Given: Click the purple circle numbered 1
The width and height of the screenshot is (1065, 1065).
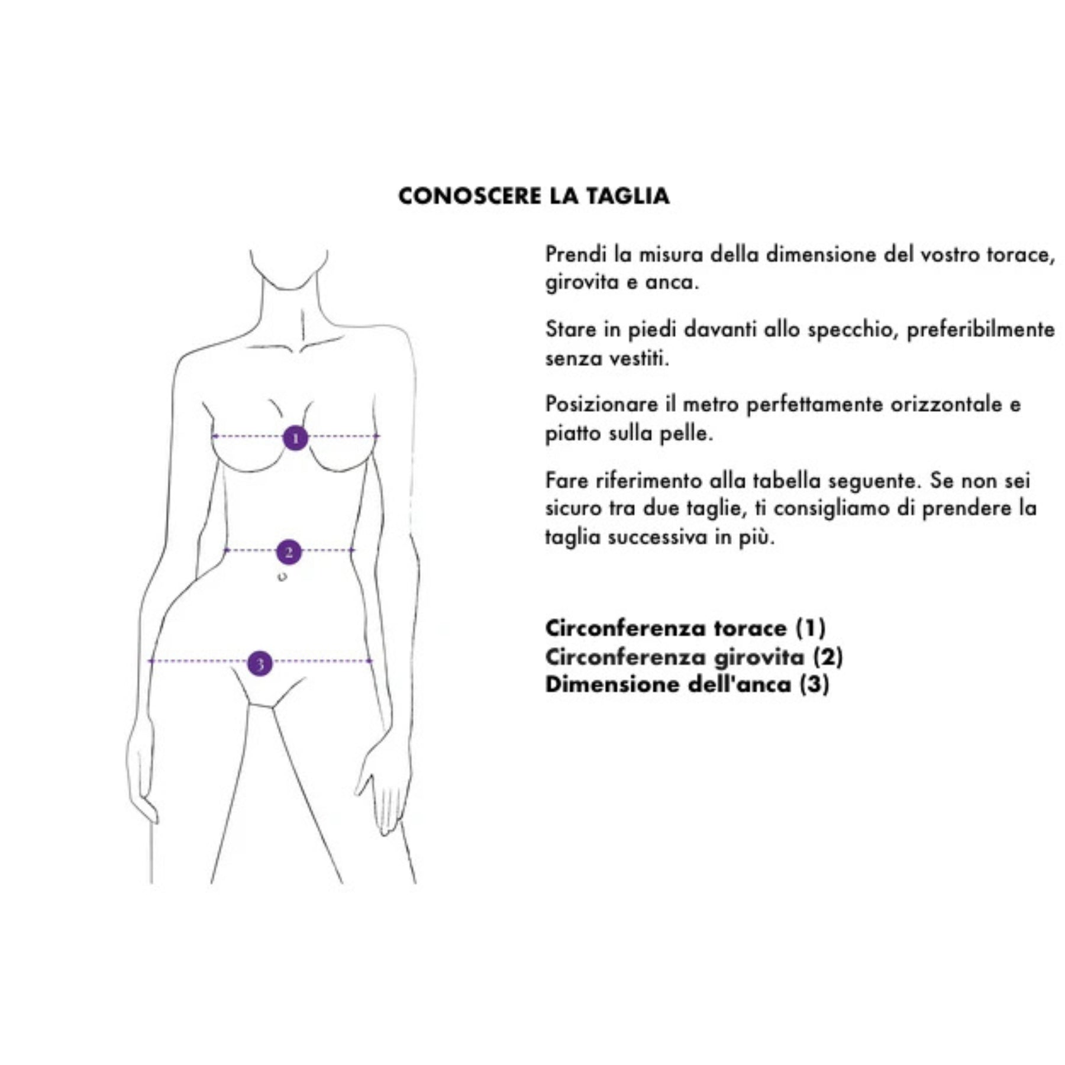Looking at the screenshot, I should tap(295, 438).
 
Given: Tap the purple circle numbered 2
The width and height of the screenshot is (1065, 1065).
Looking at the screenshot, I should tap(289, 552).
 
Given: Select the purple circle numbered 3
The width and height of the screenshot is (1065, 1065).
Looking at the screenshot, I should tap(260, 663).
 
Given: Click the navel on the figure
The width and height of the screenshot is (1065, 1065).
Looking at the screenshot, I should tap(282, 576).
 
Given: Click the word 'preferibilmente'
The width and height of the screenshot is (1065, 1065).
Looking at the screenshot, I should tap(980, 330).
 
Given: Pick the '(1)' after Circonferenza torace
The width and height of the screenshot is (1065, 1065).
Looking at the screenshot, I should tap(810, 628).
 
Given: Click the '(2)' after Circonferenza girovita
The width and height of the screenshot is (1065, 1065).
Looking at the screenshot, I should tap(828, 656).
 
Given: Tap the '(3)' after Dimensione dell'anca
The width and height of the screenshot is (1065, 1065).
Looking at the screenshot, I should tap(814, 684).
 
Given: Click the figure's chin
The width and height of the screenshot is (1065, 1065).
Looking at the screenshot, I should tap(289, 287).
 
